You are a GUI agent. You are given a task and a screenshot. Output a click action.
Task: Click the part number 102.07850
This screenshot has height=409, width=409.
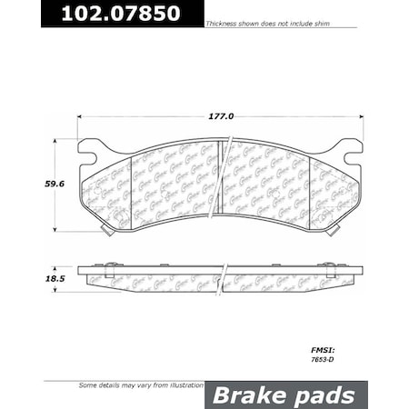pos(103,14)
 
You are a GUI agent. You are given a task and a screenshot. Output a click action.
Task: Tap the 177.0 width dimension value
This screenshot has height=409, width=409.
pos(222,116)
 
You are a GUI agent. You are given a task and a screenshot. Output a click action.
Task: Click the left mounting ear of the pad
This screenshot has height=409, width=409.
pos(90,147)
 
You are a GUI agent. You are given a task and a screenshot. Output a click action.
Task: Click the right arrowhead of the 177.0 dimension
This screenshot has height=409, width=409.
pos(361,116)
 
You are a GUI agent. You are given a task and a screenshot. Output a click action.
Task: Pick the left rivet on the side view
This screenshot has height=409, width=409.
pos(108,266)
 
